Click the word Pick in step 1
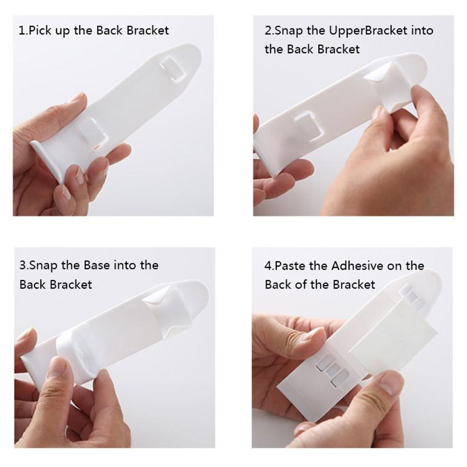40,31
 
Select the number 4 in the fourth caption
268,265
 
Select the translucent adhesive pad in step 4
394,336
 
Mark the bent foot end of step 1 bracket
47,160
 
